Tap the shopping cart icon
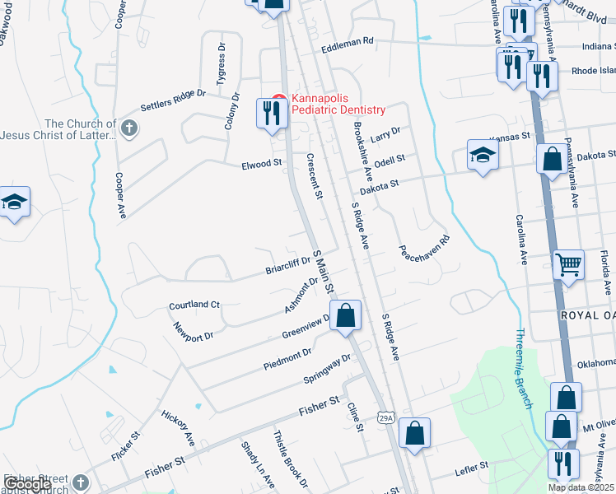[568, 265]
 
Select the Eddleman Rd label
[348, 40]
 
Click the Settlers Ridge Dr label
[173, 100]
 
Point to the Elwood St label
[262, 165]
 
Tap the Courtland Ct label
[194, 305]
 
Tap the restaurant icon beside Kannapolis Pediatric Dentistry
[271, 113]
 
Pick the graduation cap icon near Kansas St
[483, 153]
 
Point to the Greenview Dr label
[306, 325]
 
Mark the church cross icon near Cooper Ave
[128, 128]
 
